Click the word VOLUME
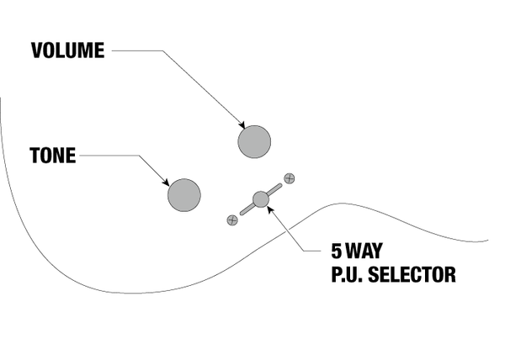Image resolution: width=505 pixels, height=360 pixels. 68,50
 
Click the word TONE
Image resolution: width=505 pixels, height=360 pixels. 53,155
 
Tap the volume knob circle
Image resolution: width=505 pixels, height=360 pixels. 254,142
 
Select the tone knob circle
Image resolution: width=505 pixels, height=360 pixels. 184,195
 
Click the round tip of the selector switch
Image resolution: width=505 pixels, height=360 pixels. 261,199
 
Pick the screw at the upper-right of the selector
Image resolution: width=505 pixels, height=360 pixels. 290,178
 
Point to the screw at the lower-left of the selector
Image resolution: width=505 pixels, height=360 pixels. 232,220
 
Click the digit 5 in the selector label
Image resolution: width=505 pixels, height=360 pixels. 336,251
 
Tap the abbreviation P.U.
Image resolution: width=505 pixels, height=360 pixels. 347,274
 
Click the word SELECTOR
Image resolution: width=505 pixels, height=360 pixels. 412,274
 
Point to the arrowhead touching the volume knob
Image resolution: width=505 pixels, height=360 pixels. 242,125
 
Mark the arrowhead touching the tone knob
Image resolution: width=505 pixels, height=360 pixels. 166,183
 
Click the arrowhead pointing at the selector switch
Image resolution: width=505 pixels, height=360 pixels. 270,209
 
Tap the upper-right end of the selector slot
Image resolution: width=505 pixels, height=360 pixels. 280,185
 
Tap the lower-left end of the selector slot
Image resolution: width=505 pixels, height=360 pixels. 242,213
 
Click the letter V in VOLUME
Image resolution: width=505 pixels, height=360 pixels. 37,50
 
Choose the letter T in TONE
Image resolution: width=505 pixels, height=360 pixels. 35,155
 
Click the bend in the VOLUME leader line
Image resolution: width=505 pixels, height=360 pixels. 162,50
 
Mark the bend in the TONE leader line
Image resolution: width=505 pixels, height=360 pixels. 139,156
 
